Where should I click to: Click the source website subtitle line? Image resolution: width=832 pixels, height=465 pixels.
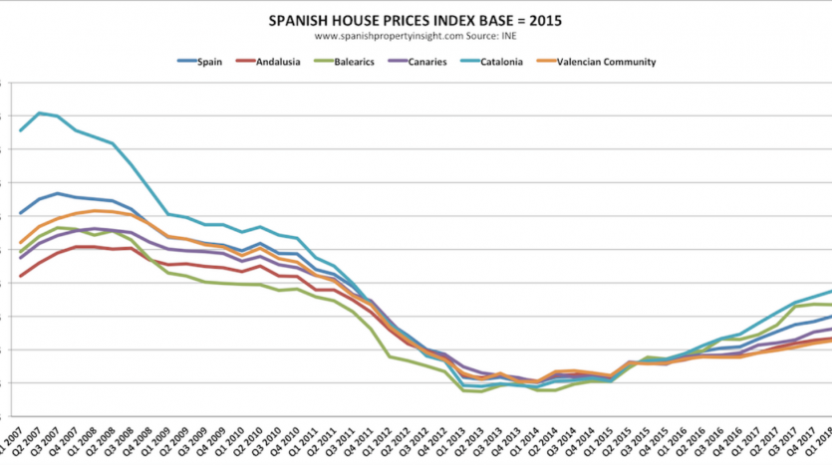point(416,36)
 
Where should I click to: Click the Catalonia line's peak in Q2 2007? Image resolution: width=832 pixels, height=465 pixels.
point(39,113)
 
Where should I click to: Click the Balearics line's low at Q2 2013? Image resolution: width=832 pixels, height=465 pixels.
point(482,391)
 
